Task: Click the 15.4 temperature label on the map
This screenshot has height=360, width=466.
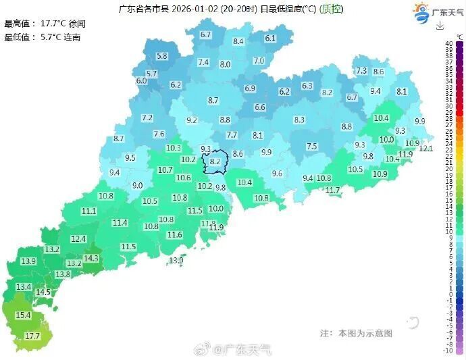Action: click(24, 315)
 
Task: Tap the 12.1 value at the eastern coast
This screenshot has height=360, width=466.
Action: click(426, 149)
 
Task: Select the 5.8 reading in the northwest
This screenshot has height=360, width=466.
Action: click(162, 56)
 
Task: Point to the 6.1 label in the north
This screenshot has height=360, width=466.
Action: click(271, 38)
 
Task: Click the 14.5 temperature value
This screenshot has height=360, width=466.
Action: click(43, 292)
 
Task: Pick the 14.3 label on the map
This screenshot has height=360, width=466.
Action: click(91, 258)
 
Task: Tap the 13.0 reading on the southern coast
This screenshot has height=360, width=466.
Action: click(176, 260)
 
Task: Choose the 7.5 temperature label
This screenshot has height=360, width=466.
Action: click(311, 147)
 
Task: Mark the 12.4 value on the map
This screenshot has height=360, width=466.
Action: click(78, 238)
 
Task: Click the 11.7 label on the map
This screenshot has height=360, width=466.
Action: click(332, 190)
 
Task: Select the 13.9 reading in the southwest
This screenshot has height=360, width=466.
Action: click(28, 261)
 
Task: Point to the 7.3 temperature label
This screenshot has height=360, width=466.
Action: click(361, 71)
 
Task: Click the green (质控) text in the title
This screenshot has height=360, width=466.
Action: click(331, 9)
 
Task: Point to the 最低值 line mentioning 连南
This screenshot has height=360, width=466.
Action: click(42, 37)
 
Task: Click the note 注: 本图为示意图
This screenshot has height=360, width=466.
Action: click(356, 333)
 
